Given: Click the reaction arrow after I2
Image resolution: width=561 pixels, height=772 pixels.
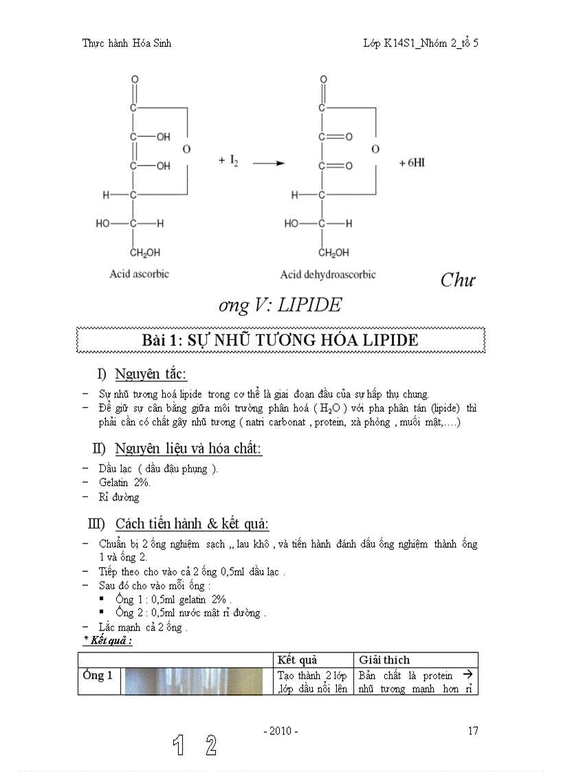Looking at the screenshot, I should pyautogui.click(x=269, y=164).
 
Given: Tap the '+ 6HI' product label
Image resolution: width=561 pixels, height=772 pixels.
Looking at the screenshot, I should pyautogui.click(x=412, y=164).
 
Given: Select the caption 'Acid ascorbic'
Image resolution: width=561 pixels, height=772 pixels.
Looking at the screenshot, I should pyautogui.click(x=139, y=274).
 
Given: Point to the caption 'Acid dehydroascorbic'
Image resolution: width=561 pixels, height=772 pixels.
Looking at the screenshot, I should pyautogui.click(x=328, y=274).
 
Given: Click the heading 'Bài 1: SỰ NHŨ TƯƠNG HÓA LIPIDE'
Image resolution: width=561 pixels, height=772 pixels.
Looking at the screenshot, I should pyautogui.click(x=280, y=340).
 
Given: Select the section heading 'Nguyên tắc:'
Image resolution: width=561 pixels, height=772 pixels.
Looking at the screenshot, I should pyautogui.click(x=151, y=375).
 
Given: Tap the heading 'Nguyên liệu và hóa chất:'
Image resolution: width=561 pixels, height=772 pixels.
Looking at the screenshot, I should pyautogui.click(x=188, y=449).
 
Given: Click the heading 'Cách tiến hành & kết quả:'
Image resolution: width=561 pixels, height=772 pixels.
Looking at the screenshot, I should pyautogui.click(x=192, y=524).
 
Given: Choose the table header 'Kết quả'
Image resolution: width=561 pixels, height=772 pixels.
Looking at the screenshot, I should pyautogui.click(x=297, y=659).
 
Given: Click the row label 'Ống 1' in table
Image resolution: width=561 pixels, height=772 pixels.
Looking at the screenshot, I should pyautogui.click(x=98, y=675).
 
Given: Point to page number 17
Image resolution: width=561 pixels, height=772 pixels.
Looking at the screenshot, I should pyautogui.click(x=473, y=731).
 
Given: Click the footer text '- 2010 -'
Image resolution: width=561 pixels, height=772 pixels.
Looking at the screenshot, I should pyautogui.click(x=280, y=731).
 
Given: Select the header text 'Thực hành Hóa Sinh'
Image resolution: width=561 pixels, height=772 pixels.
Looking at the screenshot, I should pyautogui.click(x=126, y=43).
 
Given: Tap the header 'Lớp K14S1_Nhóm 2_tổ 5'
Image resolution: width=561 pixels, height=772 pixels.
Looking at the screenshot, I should pyautogui.click(x=421, y=43).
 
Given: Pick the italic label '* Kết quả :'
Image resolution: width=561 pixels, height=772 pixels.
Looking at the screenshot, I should pyautogui.click(x=108, y=640).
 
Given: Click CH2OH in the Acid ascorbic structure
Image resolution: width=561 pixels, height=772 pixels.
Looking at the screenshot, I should pyautogui.click(x=145, y=253).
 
